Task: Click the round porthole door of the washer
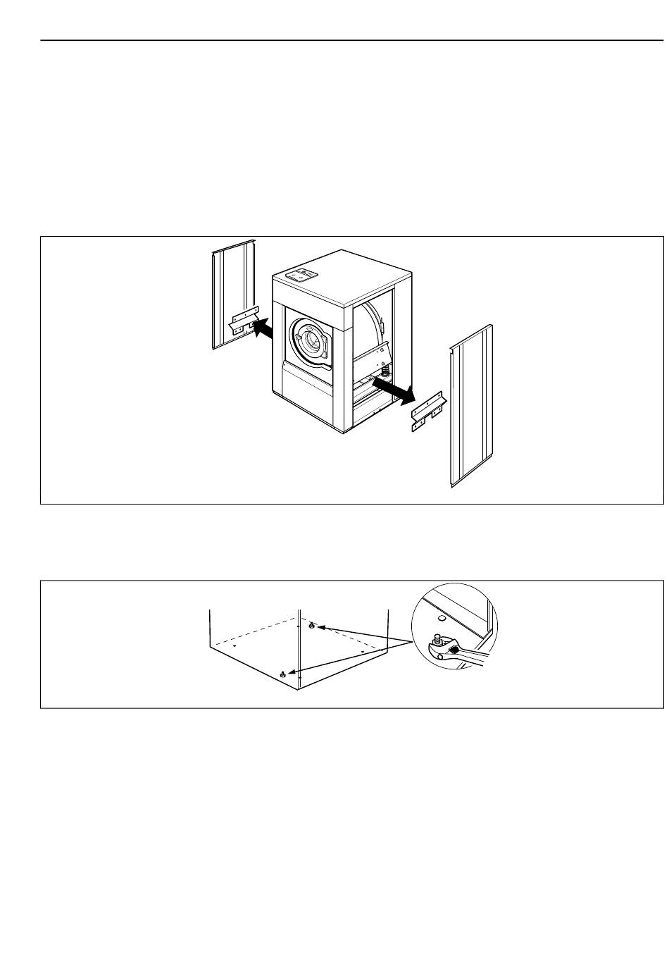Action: [308, 342]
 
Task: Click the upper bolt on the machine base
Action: [312, 625]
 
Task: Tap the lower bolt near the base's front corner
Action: [283, 674]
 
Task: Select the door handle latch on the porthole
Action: [325, 347]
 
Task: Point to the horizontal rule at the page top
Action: [352, 41]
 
